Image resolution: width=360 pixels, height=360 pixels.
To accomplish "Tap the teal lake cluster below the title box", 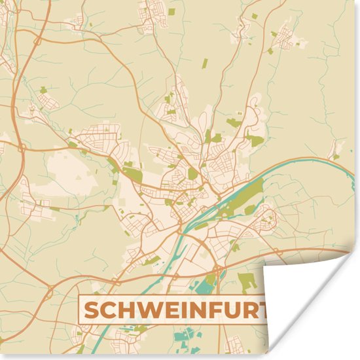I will (186, 340).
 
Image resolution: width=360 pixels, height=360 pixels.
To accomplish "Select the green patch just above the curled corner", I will (247, 281).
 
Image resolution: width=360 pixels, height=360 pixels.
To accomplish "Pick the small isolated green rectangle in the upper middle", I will (204, 63).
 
